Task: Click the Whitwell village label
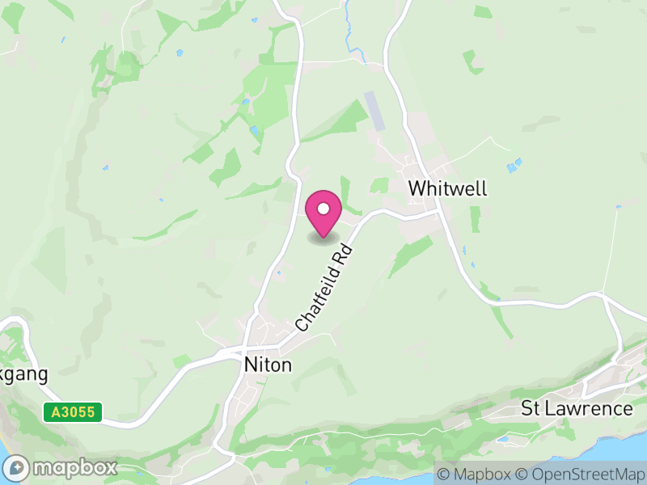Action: pyautogui.click(x=447, y=188)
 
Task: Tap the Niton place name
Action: pyautogui.click(x=268, y=365)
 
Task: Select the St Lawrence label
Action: pyautogui.click(x=577, y=408)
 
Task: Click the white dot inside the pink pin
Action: pyautogui.click(x=323, y=209)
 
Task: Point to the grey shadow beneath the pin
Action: pyautogui.click(x=323, y=238)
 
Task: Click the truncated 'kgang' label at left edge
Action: pyautogui.click(x=23, y=375)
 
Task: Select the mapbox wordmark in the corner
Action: pyautogui.click(x=74, y=467)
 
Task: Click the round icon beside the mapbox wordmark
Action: pyautogui.click(x=17, y=468)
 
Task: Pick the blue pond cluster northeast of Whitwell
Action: pyautogui.click(x=514, y=166)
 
